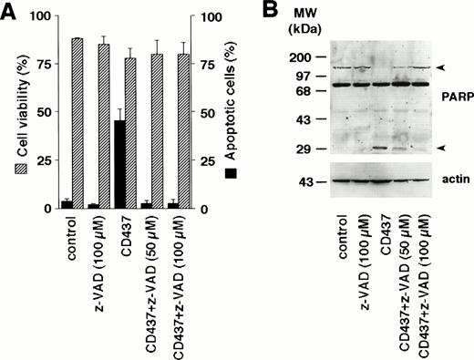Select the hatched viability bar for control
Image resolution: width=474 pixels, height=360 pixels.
pos(77,124)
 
